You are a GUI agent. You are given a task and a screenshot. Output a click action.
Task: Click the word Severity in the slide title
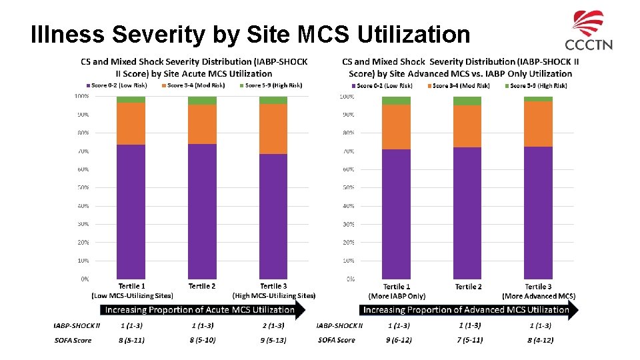click(155, 33)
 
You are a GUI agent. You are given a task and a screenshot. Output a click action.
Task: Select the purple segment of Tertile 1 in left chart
click(131, 211)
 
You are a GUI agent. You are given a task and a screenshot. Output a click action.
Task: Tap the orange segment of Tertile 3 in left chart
click(273, 129)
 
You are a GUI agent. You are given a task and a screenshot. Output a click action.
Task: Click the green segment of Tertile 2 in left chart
click(202, 101)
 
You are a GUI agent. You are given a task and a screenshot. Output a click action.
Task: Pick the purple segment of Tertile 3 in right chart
click(539, 213)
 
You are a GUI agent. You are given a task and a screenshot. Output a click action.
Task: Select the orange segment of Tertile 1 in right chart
click(396, 127)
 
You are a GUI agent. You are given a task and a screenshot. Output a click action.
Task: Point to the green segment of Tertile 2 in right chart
click(467, 101)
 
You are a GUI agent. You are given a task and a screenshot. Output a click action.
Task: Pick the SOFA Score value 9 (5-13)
click(273, 340)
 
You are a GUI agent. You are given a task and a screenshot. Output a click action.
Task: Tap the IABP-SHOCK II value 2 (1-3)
click(273, 325)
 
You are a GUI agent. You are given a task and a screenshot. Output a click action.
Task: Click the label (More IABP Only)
click(397, 296)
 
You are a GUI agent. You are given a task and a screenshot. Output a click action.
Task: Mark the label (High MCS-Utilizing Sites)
click(273, 295)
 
